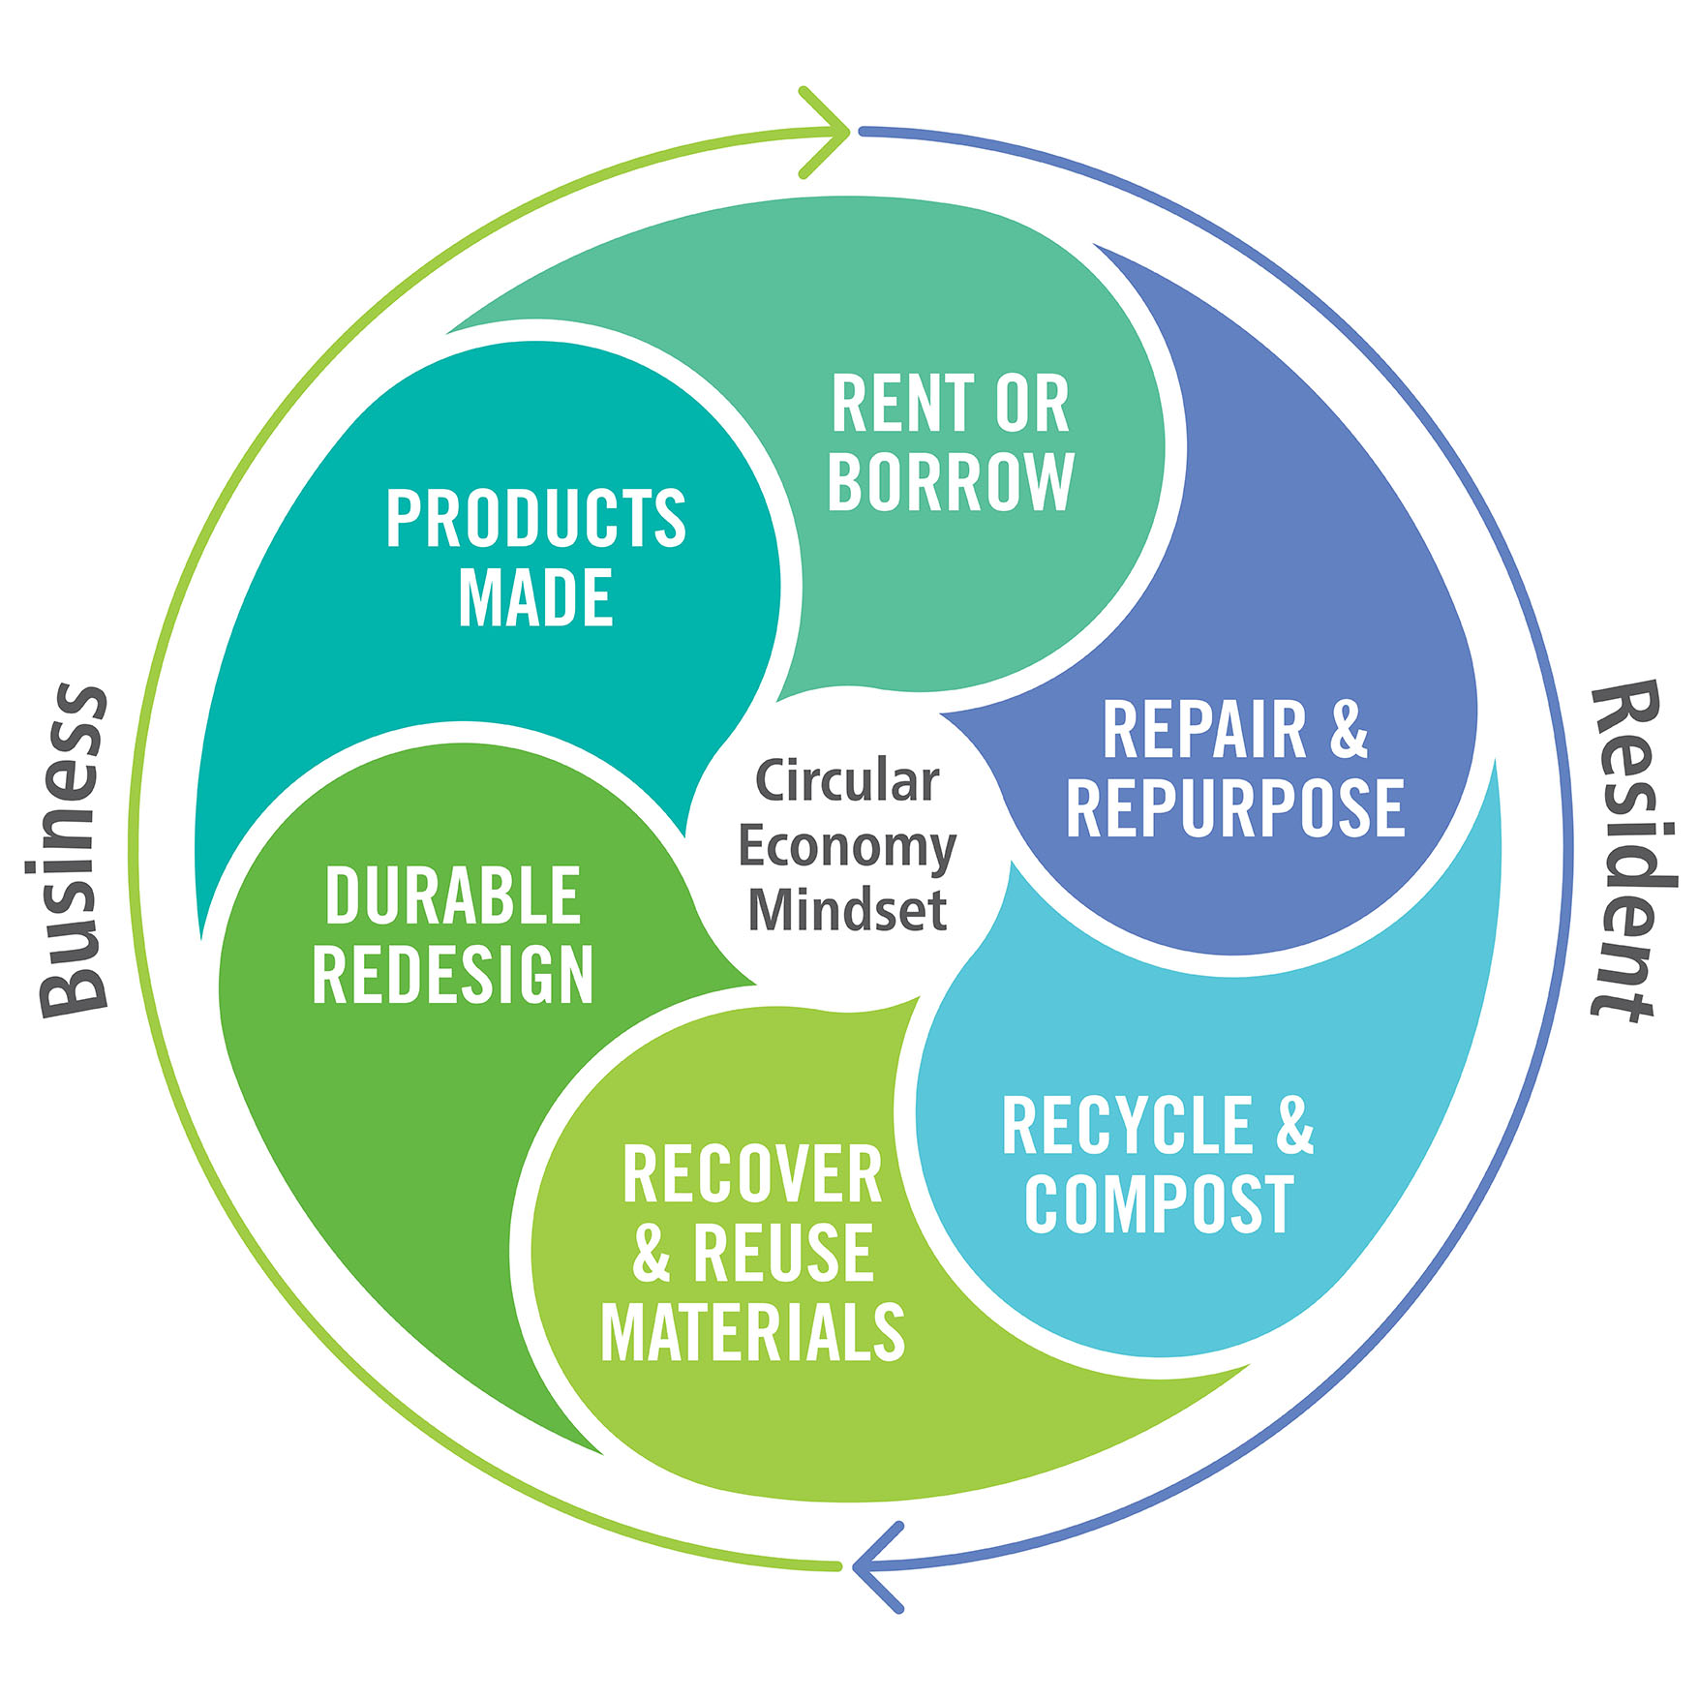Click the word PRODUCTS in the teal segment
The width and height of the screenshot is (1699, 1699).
535,519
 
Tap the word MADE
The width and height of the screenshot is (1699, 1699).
535,597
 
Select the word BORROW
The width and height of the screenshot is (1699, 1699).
951,481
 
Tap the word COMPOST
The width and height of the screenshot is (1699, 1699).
1159,1203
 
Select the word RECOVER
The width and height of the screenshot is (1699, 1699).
752,1174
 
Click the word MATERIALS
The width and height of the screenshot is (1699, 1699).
752,1332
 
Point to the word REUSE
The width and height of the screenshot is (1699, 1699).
783,1253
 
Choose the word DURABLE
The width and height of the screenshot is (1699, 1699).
453,895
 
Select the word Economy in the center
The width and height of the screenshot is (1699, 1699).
847,846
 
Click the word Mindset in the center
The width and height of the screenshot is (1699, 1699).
847,910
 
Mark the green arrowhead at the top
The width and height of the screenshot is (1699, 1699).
829,132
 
